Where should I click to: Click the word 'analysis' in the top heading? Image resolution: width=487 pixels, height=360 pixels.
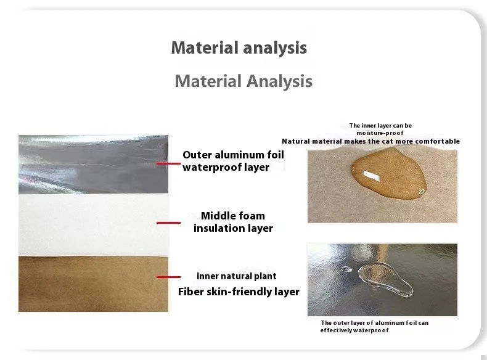click(x=275, y=48)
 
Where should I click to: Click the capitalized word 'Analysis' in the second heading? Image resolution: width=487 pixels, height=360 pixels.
click(x=279, y=81)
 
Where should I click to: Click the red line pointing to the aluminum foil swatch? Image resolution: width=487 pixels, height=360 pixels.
click(x=168, y=163)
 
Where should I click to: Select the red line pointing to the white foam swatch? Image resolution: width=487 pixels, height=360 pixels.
click(x=168, y=223)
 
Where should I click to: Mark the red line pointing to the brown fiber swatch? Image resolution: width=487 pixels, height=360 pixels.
click(x=168, y=277)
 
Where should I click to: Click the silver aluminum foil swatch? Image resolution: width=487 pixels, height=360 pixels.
click(x=93, y=165)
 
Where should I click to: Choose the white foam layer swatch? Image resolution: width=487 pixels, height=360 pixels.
click(x=93, y=225)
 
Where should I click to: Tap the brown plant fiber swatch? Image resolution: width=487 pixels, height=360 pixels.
click(x=93, y=284)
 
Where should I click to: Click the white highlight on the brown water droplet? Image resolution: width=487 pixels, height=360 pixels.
click(x=372, y=176)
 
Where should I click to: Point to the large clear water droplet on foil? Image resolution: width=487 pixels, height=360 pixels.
click(x=385, y=279)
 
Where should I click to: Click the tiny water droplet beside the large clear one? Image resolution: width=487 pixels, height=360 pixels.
click(x=346, y=269)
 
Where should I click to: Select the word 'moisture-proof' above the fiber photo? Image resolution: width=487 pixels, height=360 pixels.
click(x=380, y=133)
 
